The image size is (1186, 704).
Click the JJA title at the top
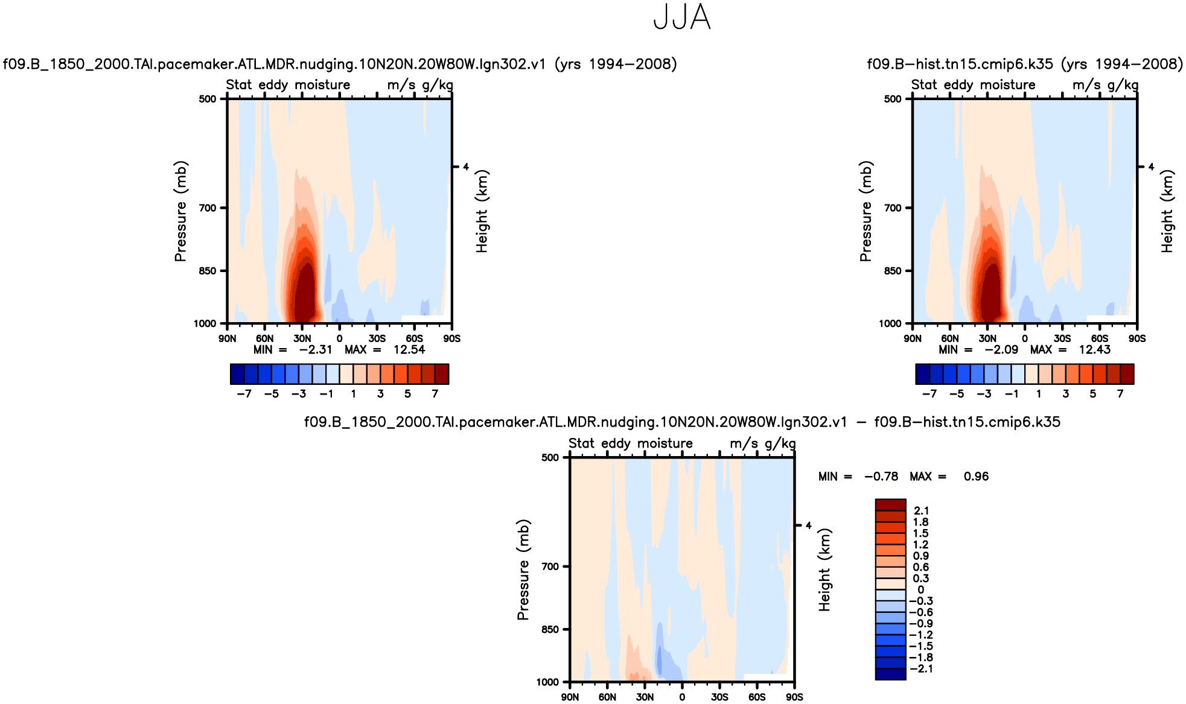tap(682, 17)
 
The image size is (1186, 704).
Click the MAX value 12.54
tap(409, 350)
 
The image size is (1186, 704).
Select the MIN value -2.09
tap(1001, 350)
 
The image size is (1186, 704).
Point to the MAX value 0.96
tap(976, 477)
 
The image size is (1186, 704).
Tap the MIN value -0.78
tap(881, 477)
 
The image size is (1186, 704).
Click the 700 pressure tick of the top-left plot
tap(208, 208)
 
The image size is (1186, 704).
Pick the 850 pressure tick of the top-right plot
tap(893, 271)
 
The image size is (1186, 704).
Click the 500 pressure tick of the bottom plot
tap(550, 457)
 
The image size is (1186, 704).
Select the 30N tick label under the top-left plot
tap(302, 338)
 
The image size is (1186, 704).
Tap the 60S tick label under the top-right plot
tap(1100, 338)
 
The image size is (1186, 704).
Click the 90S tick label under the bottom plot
tap(794, 697)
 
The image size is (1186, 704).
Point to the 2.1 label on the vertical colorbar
tap(921, 511)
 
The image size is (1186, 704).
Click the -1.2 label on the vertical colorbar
tap(921, 635)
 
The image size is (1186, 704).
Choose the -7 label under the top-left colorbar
tap(244, 394)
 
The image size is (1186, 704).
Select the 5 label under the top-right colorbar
tap(1093, 394)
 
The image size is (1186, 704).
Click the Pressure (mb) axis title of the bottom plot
tap(523, 569)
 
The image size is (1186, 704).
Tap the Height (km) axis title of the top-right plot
tap(1167, 211)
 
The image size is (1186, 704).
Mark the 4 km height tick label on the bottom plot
tap(809, 525)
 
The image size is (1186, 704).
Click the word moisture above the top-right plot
tap(1007, 85)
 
